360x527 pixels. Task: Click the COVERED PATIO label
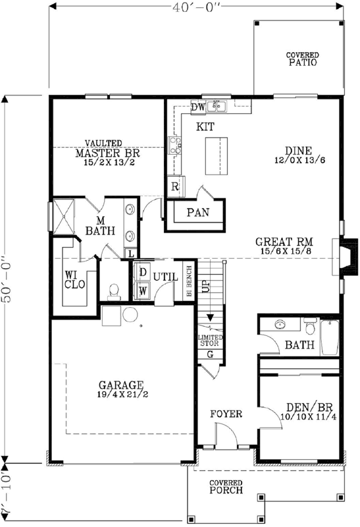pyautogui.click(x=302, y=59)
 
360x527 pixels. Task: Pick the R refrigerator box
pyautogui.click(x=174, y=186)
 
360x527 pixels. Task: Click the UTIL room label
pyautogui.click(x=166, y=277)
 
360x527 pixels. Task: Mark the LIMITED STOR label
pyautogui.click(x=211, y=340)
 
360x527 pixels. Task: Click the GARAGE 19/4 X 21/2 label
pyautogui.click(x=121, y=389)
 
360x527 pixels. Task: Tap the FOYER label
pyautogui.click(x=226, y=414)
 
